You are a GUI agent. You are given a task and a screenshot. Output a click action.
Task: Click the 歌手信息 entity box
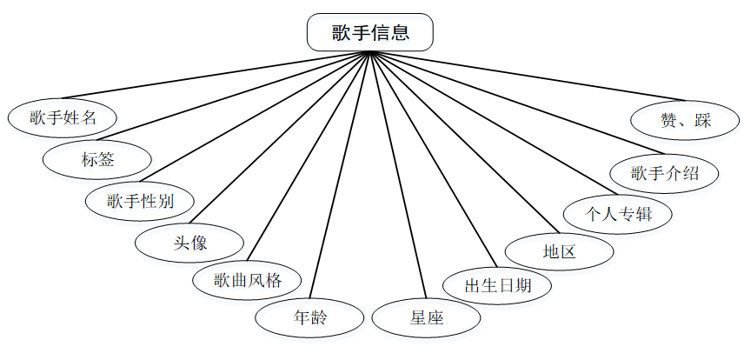370,33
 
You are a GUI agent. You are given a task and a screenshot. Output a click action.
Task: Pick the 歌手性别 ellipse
140,201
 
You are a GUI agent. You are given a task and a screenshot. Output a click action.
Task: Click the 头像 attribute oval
189,243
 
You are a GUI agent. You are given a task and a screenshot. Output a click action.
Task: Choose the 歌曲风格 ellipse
248,281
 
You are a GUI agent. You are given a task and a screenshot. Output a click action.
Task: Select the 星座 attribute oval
427,317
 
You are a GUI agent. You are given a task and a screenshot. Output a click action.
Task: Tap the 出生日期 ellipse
497,285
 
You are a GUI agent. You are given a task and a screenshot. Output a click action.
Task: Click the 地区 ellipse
560,252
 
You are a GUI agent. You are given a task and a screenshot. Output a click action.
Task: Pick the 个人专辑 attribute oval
618,213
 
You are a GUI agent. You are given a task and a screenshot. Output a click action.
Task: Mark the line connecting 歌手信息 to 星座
398,175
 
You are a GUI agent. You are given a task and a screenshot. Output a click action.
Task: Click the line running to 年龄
340,174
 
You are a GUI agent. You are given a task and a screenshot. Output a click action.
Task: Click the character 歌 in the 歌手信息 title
342,33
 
